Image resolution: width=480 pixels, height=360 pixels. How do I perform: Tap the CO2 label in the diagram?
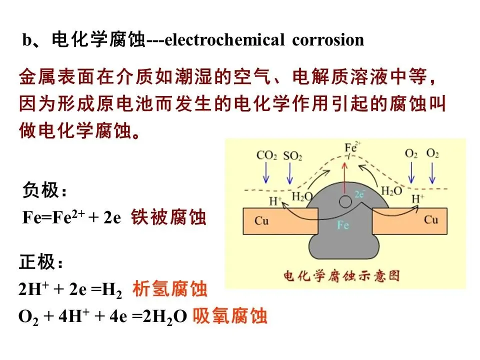point(267,155)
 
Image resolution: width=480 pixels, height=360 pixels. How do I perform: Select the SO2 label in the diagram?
point(292,155)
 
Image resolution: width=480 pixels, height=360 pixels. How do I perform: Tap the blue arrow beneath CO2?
point(266,172)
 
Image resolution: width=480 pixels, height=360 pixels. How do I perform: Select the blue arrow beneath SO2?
point(289,172)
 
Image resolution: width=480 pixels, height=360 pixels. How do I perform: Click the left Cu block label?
point(262,220)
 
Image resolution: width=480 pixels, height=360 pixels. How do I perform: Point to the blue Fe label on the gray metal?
point(342,225)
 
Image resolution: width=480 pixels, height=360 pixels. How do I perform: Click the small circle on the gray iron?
point(344,201)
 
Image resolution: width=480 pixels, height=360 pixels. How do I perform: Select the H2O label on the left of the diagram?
point(301,196)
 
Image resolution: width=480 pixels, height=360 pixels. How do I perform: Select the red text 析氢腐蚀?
point(169,289)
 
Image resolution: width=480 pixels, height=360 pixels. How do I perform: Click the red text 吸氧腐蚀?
point(230,316)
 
